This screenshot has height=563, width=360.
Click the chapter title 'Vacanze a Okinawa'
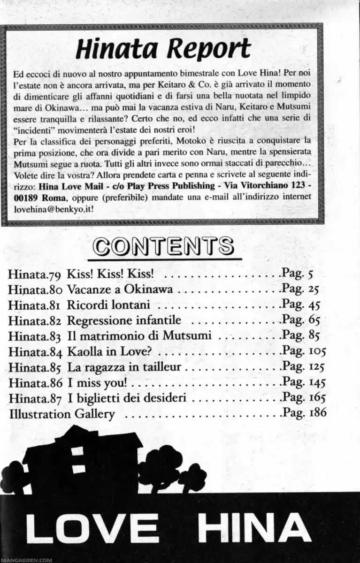coord(120,289)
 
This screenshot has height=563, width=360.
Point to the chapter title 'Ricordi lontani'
coord(108,305)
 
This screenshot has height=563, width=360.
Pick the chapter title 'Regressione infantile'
coord(124,321)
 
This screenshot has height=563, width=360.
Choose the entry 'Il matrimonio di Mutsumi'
coord(139,336)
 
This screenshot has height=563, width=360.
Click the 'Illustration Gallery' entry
coord(61,414)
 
